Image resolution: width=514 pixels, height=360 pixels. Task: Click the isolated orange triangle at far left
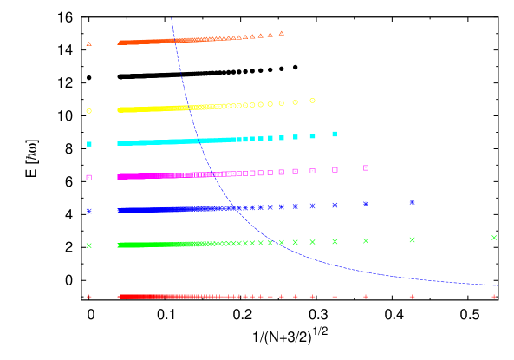pos(88,43)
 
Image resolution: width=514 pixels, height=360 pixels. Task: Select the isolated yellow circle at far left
pos(88,111)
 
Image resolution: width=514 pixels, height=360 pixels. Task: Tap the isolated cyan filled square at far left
pos(88,144)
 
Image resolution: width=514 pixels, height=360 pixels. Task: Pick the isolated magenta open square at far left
pos(88,177)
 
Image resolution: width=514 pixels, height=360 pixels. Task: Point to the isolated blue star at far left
pos(88,211)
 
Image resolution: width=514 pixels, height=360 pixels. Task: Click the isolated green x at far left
pos(88,245)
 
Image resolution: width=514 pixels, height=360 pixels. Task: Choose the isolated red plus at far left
pos(88,297)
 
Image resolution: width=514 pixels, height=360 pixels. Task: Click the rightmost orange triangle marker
pos(281,33)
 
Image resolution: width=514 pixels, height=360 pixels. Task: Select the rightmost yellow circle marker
pos(312,101)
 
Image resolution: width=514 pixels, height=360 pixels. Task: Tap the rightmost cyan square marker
pos(335,134)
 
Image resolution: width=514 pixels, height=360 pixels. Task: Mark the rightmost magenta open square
pos(366,167)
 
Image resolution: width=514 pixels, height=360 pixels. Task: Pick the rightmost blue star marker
pos(412,202)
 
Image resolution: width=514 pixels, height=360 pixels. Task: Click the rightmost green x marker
pos(494,238)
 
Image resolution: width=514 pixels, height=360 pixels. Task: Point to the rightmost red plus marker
pos(494,297)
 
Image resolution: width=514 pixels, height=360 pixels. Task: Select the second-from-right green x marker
pos(412,239)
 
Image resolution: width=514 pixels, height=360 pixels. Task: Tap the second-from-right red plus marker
pos(412,297)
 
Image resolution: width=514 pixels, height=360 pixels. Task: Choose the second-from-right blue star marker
pos(366,204)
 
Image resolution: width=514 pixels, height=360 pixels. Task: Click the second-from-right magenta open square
pos(335,169)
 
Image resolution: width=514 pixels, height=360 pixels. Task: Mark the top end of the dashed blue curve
pos(172,18)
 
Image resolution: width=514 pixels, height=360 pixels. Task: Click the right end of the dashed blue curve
pos(496,285)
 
